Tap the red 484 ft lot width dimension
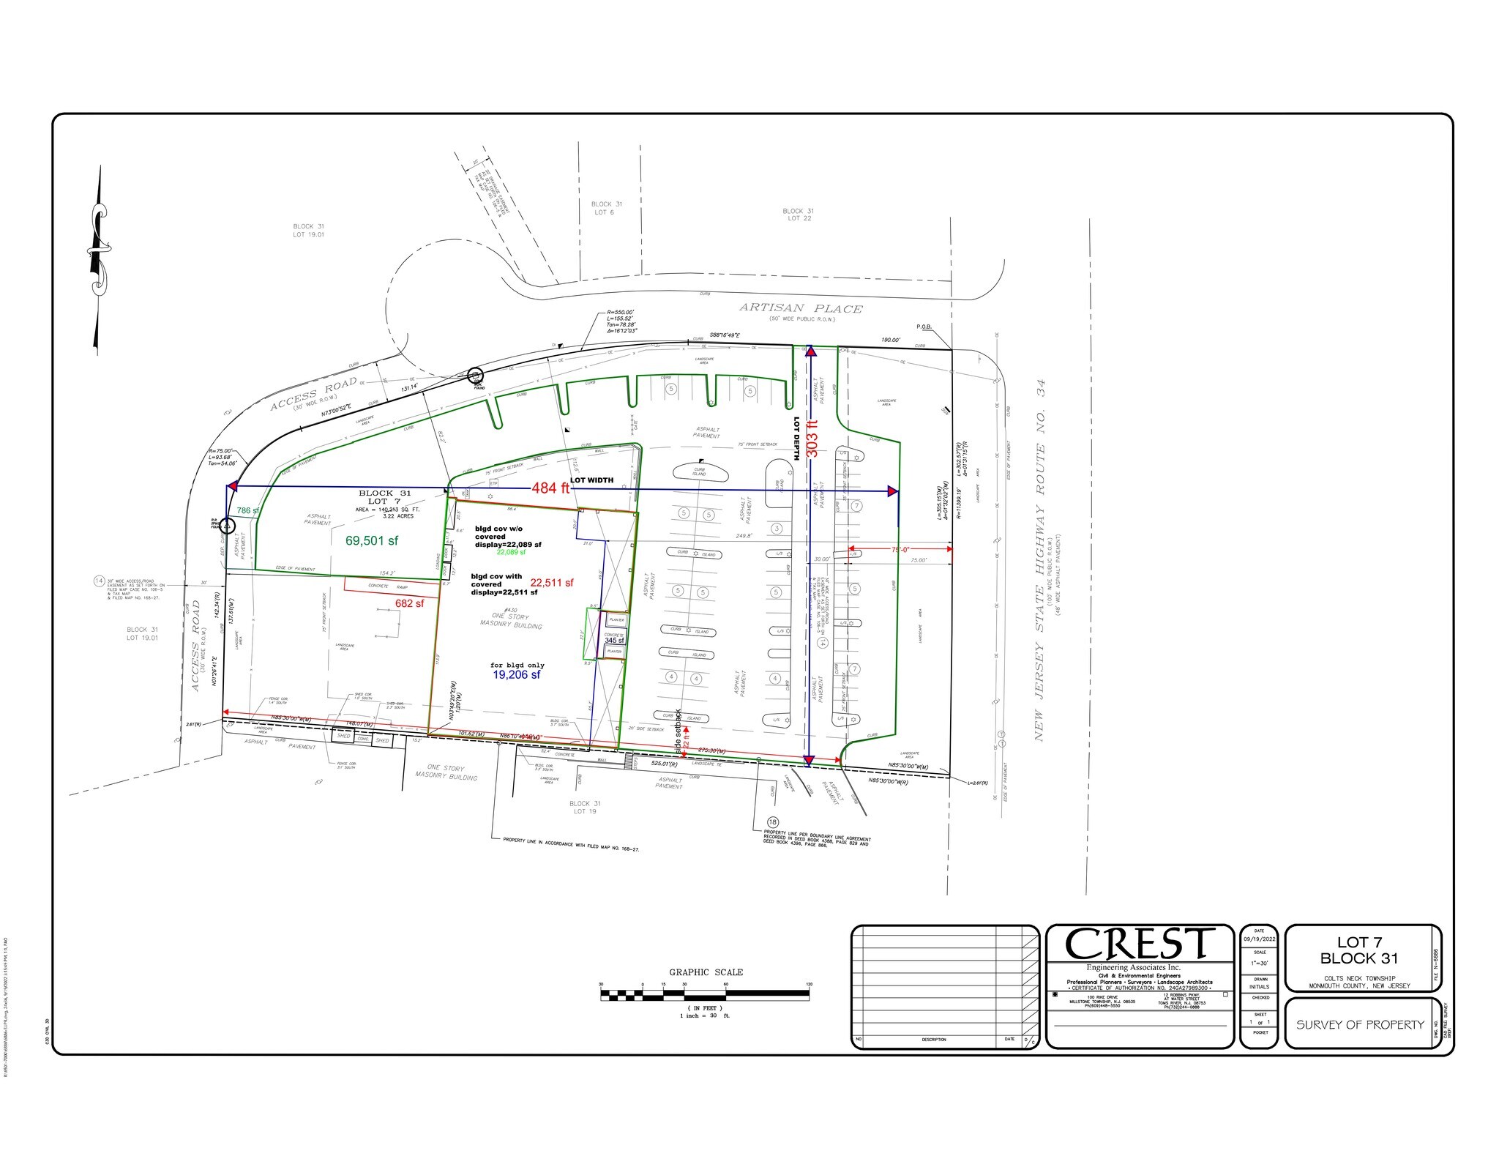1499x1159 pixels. (x=555, y=488)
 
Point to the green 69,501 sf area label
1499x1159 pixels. (x=372, y=540)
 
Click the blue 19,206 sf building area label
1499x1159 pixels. (x=516, y=674)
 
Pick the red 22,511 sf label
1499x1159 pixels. (x=552, y=583)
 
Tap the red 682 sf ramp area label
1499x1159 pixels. (x=409, y=603)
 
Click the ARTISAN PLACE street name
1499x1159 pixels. (x=801, y=308)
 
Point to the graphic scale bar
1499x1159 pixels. (x=704, y=995)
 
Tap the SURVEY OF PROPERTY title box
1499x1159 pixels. (x=1360, y=1025)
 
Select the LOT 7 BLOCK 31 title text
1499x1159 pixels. (x=1359, y=950)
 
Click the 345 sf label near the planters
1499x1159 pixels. (x=614, y=640)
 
